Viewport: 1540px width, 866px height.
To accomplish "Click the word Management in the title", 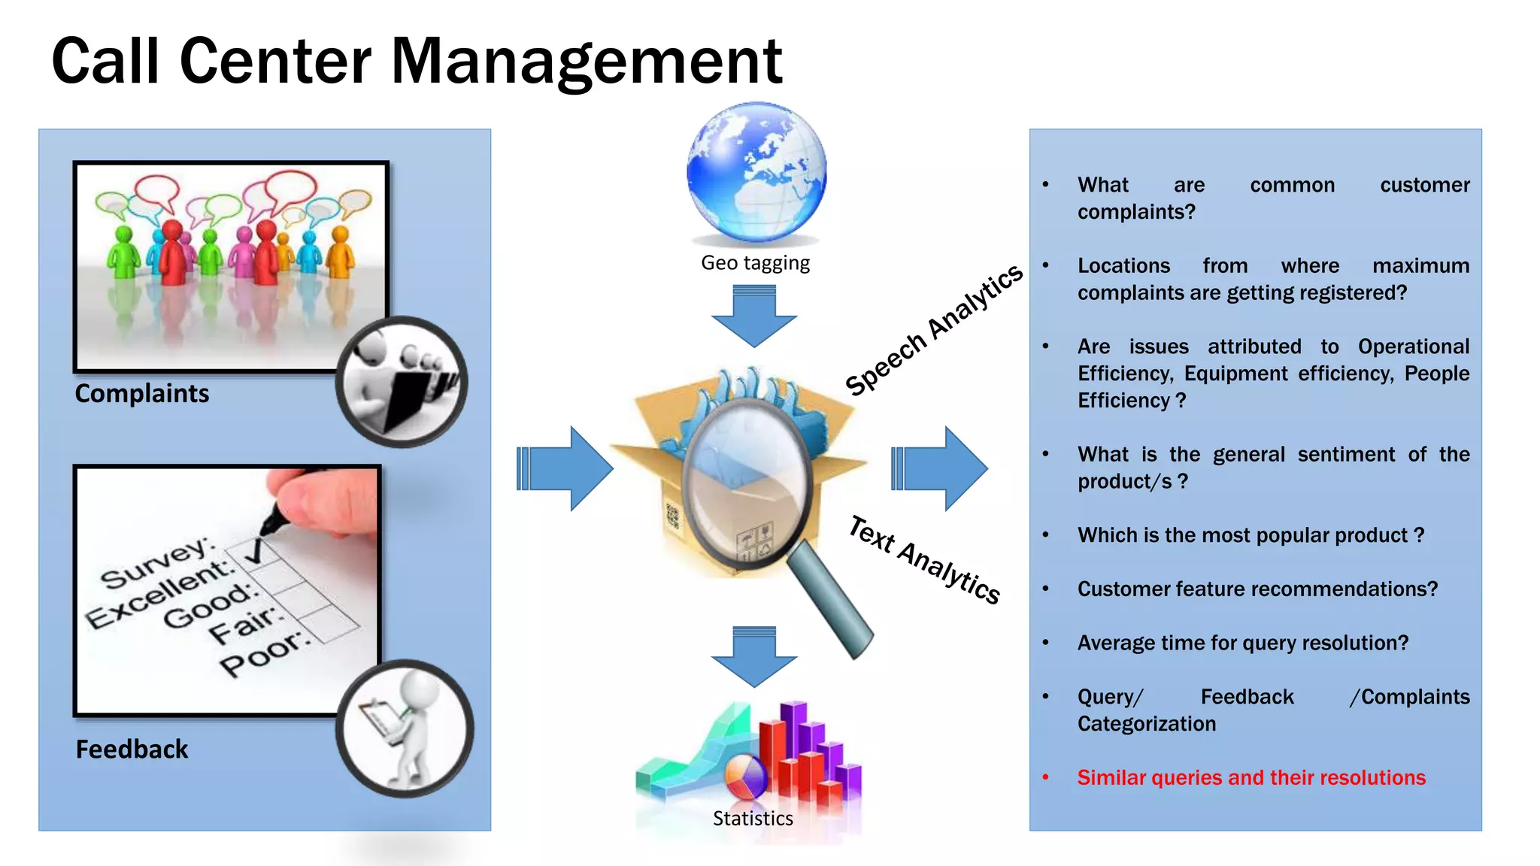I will coord(587,62).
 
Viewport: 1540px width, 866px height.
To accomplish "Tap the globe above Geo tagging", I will coord(756,172).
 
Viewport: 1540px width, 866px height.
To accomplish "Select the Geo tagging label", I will coord(755,263).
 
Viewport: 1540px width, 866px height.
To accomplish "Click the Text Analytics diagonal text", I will coord(924,560).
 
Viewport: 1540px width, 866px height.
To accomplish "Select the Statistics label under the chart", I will coord(753,819).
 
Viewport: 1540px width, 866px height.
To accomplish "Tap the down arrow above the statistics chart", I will coord(754,656).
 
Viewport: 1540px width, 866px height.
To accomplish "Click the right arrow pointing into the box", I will coord(565,468).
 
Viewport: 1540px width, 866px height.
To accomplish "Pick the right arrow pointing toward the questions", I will coord(940,468).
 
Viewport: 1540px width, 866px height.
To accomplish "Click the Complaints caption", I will coord(142,394).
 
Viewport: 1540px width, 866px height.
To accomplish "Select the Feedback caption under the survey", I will coord(132,749).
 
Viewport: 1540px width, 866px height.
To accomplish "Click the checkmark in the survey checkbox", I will coord(256,551).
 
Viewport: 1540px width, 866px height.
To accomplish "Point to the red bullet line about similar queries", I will coord(1250,777).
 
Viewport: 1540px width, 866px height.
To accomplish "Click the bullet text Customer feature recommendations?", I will coord(1257,589).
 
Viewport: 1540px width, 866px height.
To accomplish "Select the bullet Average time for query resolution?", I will coord(1242,643).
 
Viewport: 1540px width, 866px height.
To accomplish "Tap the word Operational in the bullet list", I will coord(1413,347).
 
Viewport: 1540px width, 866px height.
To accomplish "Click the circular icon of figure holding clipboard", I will coord(405,728).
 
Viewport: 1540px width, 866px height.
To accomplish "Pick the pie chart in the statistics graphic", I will coord(745,777).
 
